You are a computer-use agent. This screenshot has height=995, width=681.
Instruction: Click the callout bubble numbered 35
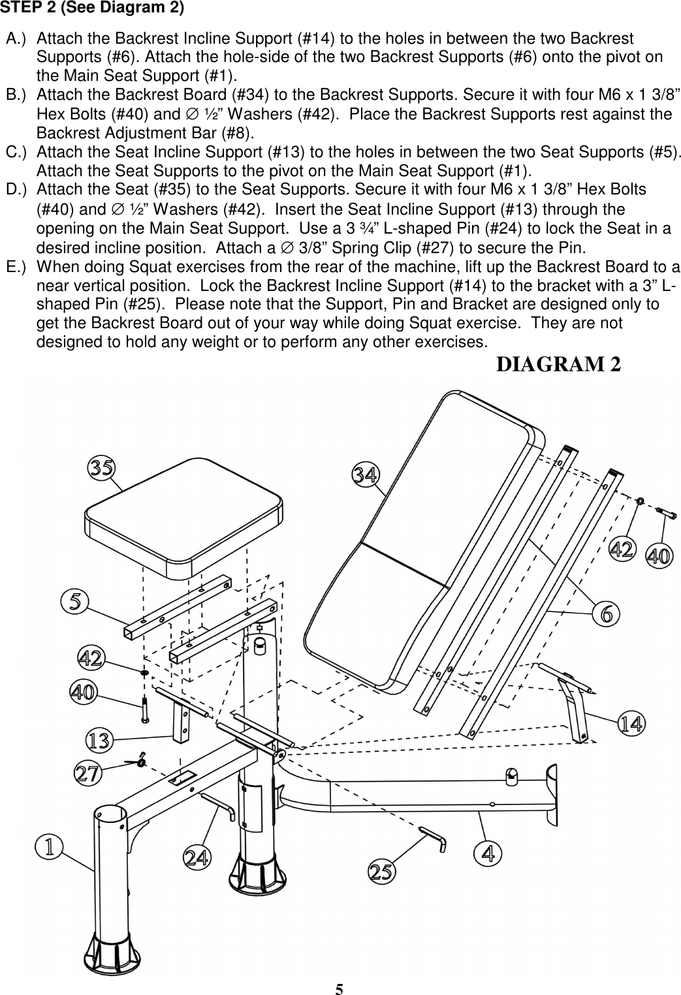(103, 468)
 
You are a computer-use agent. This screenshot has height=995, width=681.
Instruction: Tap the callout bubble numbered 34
(366, 474)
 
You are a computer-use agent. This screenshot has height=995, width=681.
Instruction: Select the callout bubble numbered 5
(75, 600)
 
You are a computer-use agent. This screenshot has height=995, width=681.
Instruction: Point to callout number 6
(606, 613)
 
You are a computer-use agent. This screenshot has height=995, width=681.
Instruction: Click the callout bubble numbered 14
(631, 723)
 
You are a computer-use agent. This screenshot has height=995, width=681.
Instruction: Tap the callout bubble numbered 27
(88, 774)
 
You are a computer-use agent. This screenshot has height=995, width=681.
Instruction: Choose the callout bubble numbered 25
(383, 872)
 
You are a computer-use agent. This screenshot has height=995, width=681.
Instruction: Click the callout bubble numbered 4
(487, 853)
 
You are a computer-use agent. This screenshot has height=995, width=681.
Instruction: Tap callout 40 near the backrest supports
(658, 556)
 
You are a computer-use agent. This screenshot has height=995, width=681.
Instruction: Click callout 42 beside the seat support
(91, 658)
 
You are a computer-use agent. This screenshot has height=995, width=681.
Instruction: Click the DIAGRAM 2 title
(558, 364)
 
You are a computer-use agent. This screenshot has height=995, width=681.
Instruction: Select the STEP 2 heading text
(91, 8)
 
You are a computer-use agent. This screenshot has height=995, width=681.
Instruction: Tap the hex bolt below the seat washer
(144, 709)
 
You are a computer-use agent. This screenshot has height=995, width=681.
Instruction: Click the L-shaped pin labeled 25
(434, 838)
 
